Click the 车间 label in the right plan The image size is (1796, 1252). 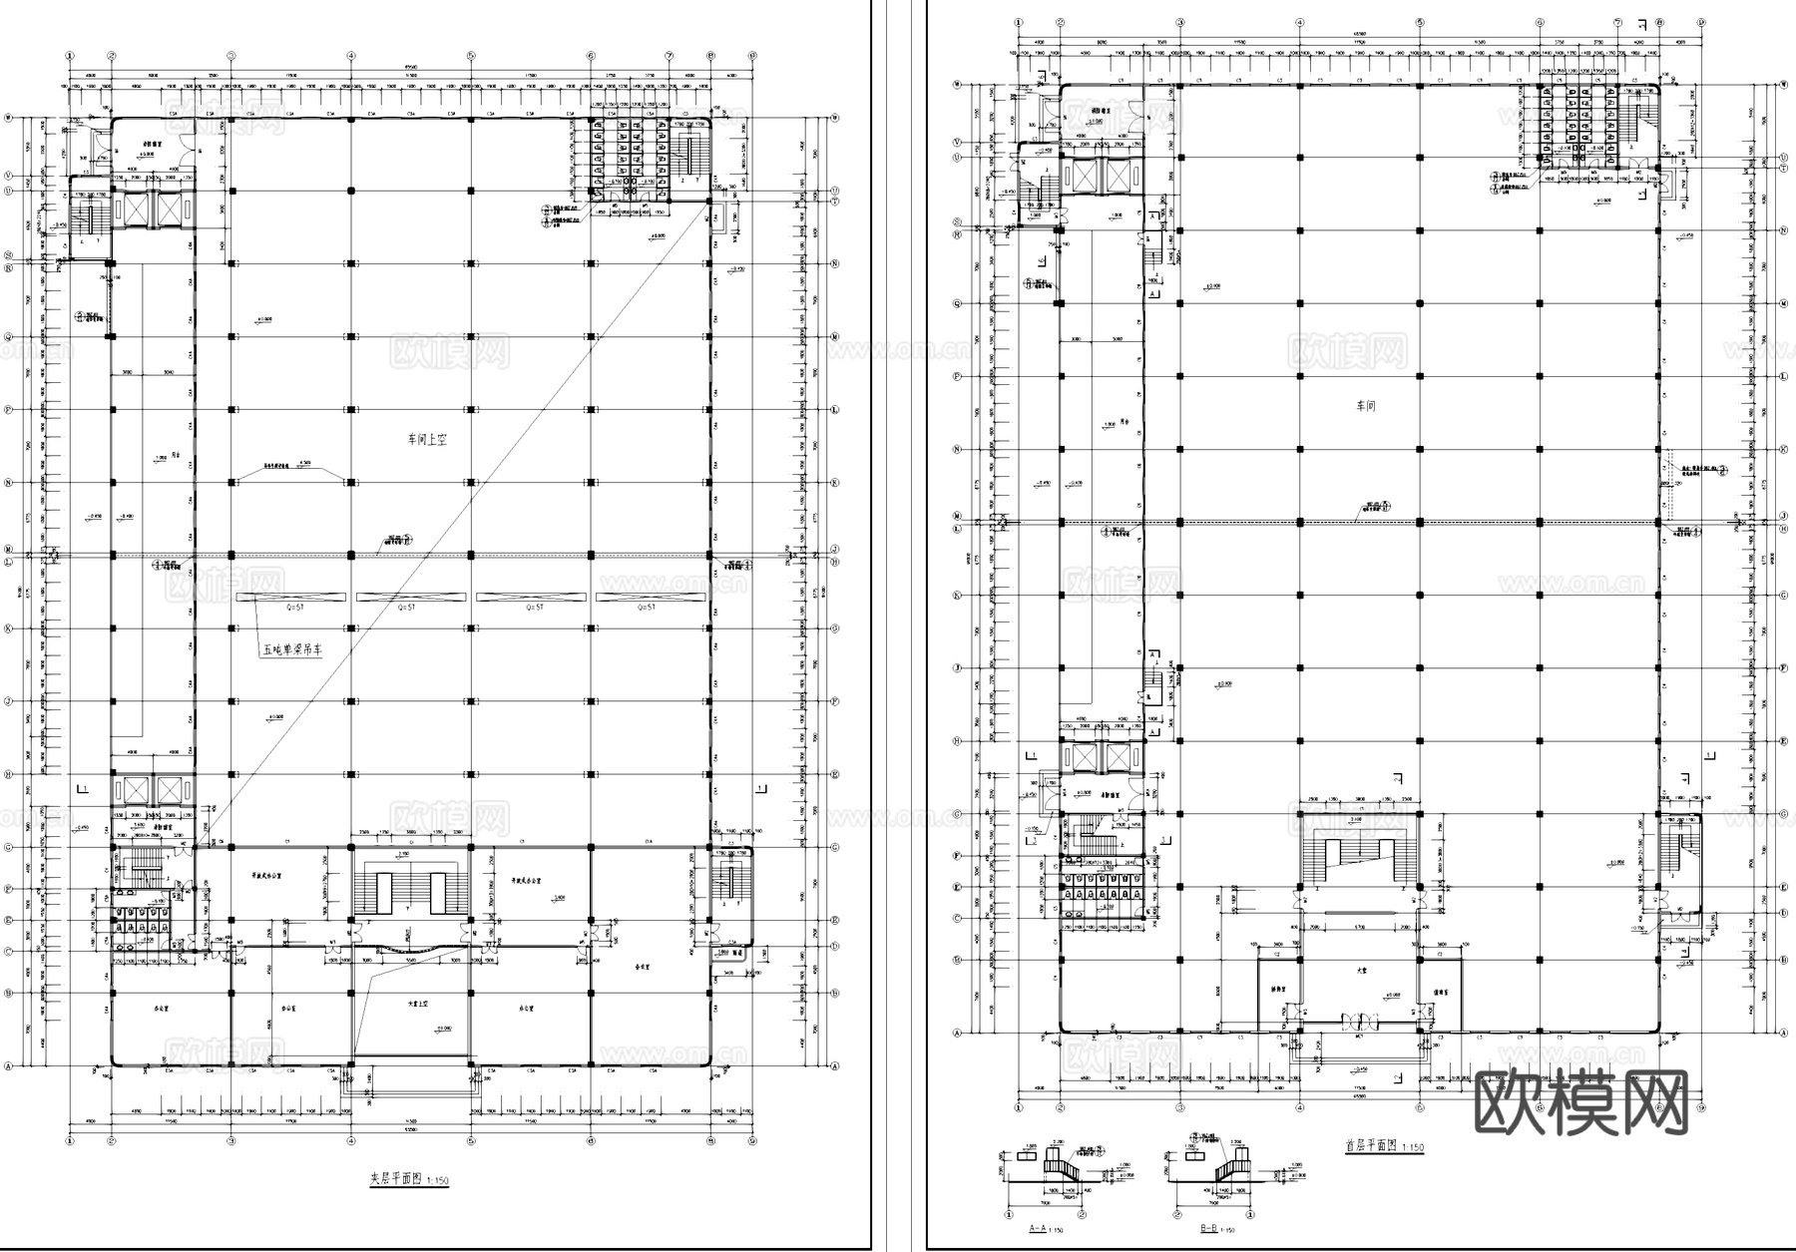coord(1366,406)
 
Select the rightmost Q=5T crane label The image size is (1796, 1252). coord(647,607)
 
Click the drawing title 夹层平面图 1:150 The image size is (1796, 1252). coord(409,1179)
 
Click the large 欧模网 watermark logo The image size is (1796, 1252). coord(1580,1102)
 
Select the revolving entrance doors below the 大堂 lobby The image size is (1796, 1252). coord(1361,1022)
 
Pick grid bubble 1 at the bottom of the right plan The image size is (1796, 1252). coord(1019,1107)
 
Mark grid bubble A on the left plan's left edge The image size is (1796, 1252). coord(8,1065)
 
